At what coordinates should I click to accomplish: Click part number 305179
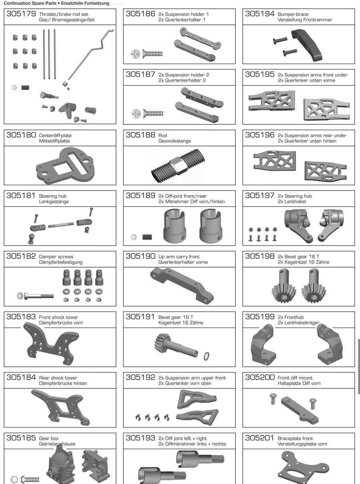21,14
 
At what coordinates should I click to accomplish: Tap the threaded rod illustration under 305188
178,166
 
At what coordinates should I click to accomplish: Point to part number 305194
260,14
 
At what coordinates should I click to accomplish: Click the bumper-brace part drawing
307,45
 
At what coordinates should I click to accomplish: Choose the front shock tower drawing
51,344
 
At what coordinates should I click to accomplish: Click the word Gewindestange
175,141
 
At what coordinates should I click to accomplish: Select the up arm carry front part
182,286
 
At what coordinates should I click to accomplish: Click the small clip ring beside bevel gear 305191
206,356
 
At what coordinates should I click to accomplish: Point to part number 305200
260,377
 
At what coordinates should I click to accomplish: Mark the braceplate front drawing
304,468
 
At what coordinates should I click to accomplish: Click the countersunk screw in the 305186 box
153,54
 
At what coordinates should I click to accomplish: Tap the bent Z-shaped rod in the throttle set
90,54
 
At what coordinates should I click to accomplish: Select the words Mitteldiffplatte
54,141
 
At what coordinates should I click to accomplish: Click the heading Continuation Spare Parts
30,3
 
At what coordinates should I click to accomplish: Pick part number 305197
260,196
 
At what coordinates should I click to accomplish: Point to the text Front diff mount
295,378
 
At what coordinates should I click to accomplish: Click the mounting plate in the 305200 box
300,410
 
